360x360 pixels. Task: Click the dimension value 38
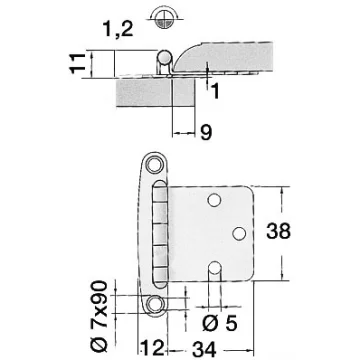(278, 231)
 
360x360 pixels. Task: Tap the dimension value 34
(204, 350)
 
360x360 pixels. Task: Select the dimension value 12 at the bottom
(153, 348)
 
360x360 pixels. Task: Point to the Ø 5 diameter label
(220, 323)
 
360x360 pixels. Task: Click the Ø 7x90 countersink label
(99, 316)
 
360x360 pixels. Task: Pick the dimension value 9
(206, 133)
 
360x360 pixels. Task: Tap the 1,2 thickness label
(118, 29)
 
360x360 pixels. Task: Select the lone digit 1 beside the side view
(216, 91)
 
